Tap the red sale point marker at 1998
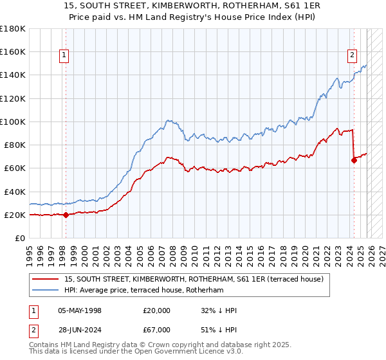[66, 215]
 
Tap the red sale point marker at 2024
[354, 161]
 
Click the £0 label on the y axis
[21, 239]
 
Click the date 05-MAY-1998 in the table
[79, 310]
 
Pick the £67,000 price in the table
[157, 330]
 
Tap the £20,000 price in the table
[157, 310]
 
